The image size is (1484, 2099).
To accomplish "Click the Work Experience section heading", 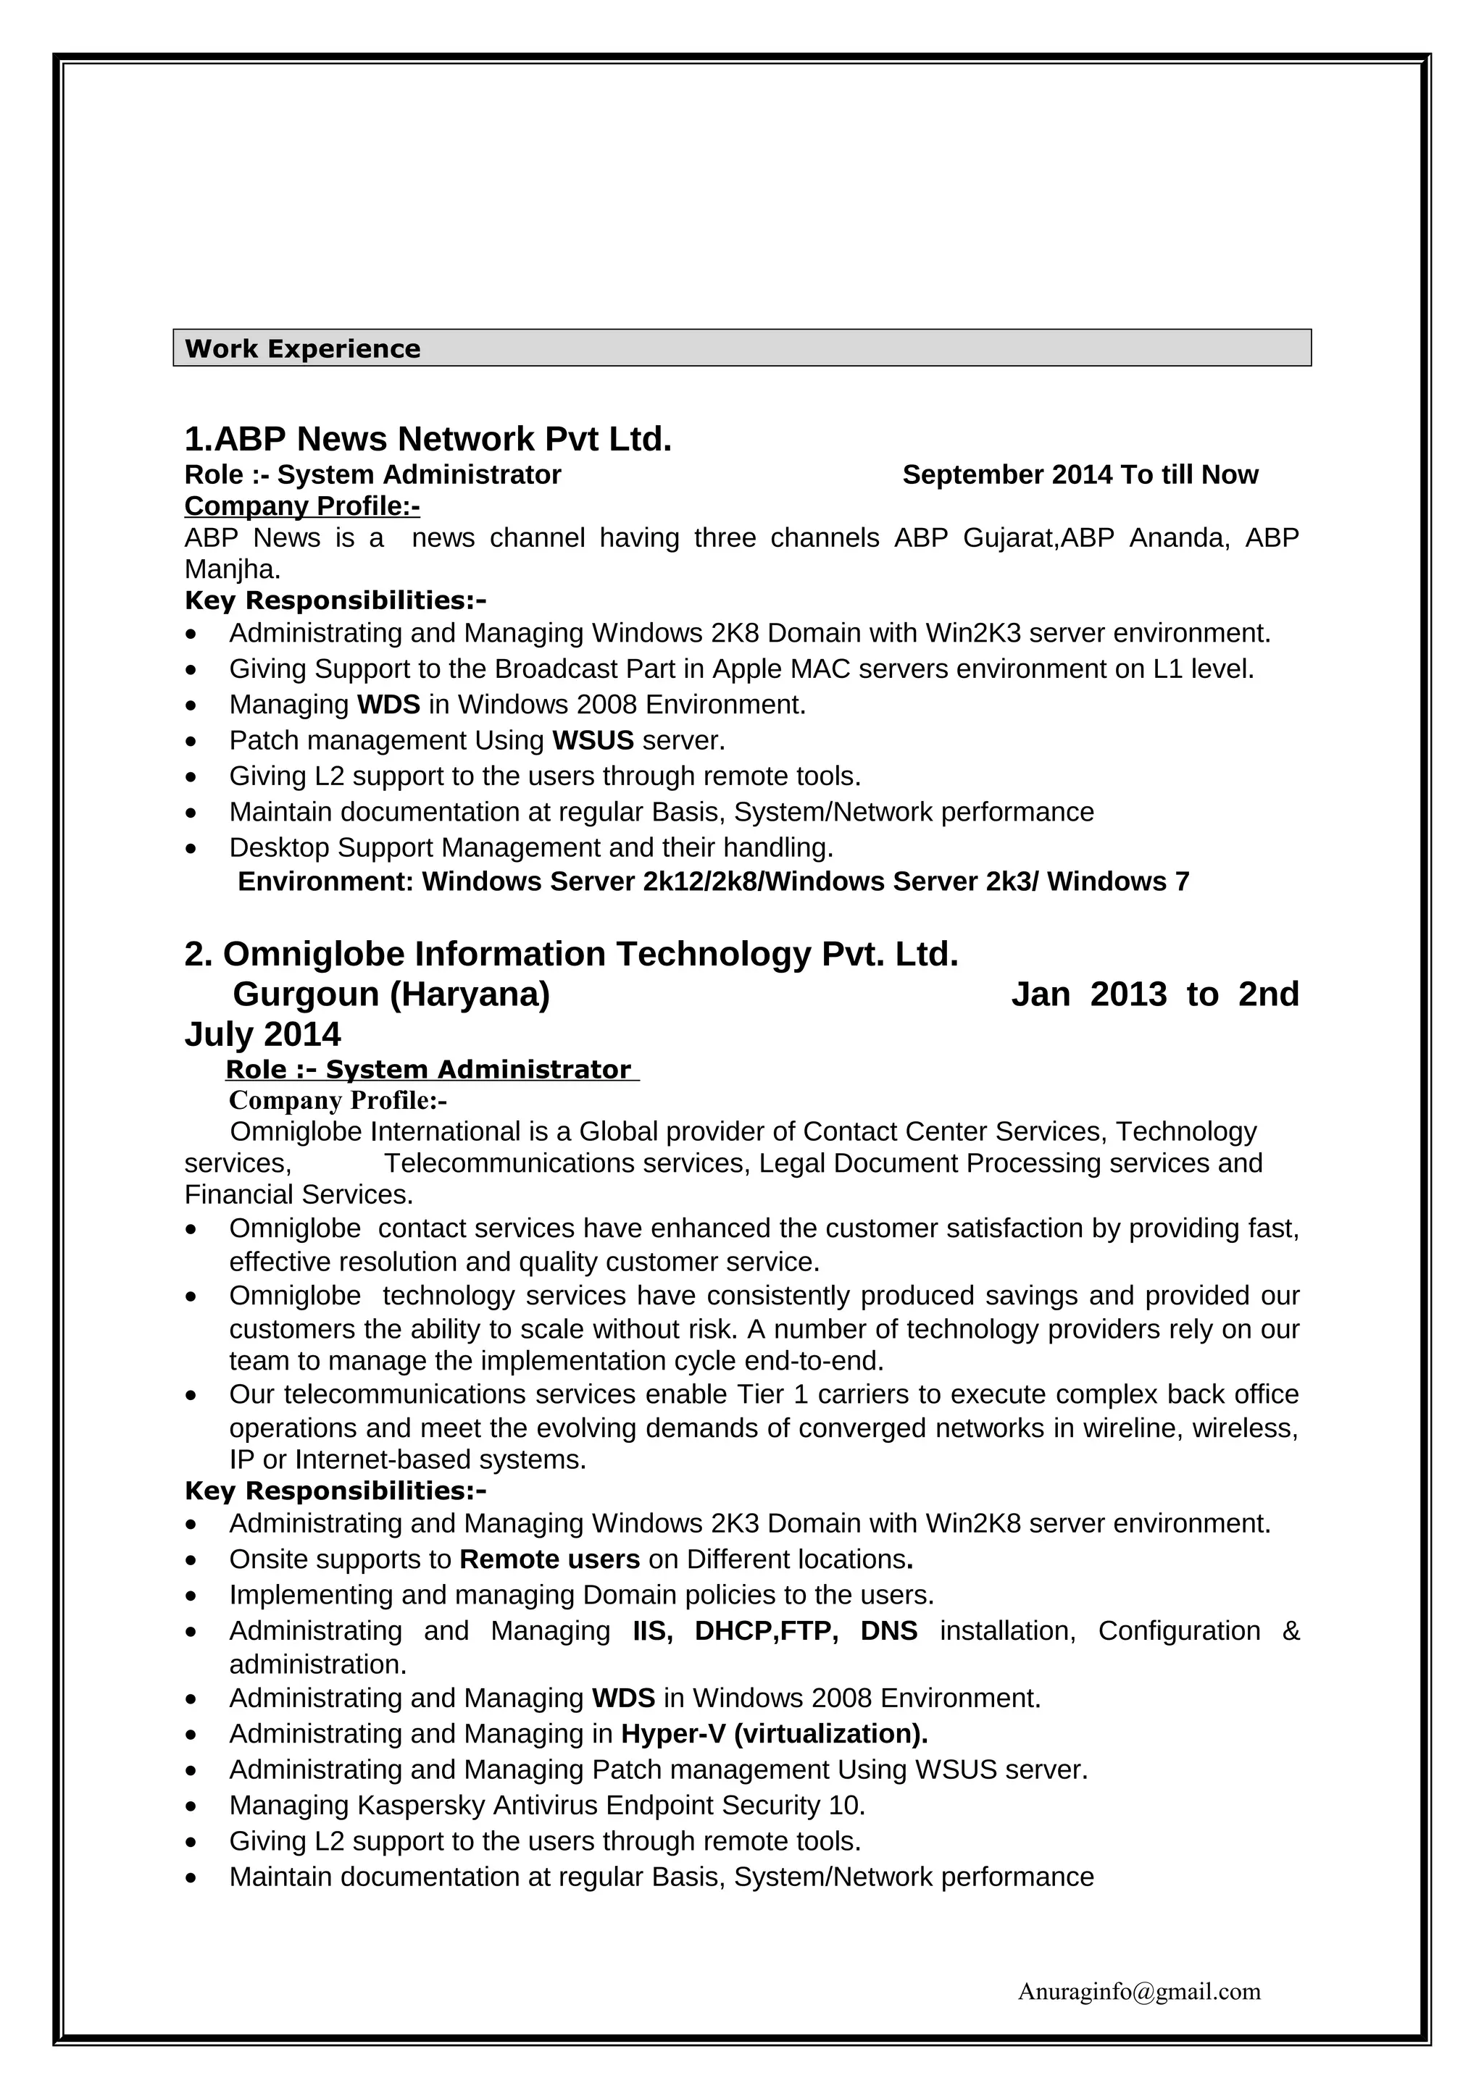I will (303, 348).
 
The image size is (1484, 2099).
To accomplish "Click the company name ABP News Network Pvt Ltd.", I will (428, 440).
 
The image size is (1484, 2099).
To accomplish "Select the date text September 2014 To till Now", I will (1080, 474).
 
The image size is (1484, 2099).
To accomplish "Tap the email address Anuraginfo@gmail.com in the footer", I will (1138, 1991).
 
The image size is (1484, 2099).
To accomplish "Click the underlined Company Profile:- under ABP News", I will (301, 506).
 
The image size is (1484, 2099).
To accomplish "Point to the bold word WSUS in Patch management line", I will (593, 740).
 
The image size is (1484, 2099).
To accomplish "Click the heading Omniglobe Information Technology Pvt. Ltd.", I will (572, 953).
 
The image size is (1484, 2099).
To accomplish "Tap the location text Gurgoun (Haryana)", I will (391, 994).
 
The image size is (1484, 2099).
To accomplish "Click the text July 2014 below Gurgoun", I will (262, 1034).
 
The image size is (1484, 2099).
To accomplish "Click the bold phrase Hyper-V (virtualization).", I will (774, 1733).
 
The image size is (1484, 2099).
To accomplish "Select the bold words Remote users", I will (549, 1559).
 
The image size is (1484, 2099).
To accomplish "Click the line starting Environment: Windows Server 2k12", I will (713, 881).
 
